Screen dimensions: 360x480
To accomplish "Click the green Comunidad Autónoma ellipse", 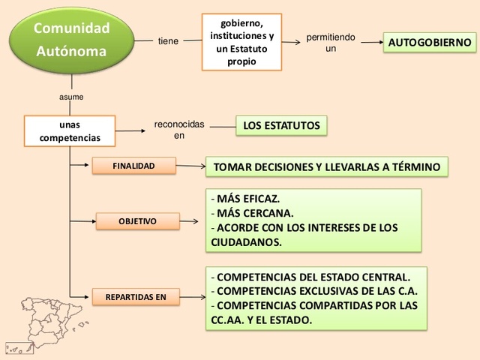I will pos(71,40).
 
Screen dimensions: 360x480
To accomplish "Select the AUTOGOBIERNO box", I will pos(430,43).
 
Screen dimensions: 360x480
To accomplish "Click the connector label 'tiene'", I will pos(168,41).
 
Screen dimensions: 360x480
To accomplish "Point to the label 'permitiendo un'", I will pos(331,43).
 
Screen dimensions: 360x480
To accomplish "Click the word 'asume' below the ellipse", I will pos(71,97).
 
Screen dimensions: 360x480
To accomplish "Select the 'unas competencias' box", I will pos(70,130).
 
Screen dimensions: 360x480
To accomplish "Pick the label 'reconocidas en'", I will pos(178,130).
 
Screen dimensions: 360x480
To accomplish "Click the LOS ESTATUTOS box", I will pos(281,125).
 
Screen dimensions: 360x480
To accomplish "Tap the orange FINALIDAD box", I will pos(133,165).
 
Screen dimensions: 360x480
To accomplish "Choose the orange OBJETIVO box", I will pos(138,221).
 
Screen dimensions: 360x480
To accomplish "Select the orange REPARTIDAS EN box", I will pos(136,297).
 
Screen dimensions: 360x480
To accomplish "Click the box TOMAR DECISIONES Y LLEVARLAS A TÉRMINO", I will pos(326,166).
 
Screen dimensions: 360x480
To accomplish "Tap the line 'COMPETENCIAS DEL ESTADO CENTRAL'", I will pos(311,277).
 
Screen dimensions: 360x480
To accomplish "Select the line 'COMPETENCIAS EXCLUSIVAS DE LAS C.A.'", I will pos(315,291).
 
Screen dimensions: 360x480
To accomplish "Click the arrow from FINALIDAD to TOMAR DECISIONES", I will pos(190,166).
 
